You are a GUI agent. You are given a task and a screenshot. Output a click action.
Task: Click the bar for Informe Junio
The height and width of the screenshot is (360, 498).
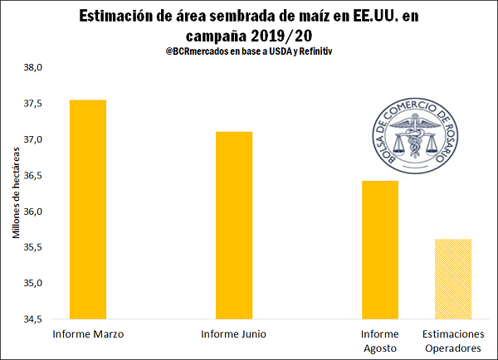(234, 225)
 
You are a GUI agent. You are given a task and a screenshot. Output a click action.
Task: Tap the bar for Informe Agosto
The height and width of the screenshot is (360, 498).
(380, 249)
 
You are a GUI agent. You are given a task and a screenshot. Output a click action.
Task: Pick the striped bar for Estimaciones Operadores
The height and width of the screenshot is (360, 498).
(453, 279)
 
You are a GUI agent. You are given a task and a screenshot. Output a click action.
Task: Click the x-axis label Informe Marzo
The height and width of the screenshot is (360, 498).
(88, 334)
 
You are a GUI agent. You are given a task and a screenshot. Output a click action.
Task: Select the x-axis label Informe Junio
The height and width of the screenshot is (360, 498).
(234, 334)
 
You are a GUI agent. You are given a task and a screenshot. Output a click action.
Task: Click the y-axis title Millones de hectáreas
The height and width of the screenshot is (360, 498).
(16, 193)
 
